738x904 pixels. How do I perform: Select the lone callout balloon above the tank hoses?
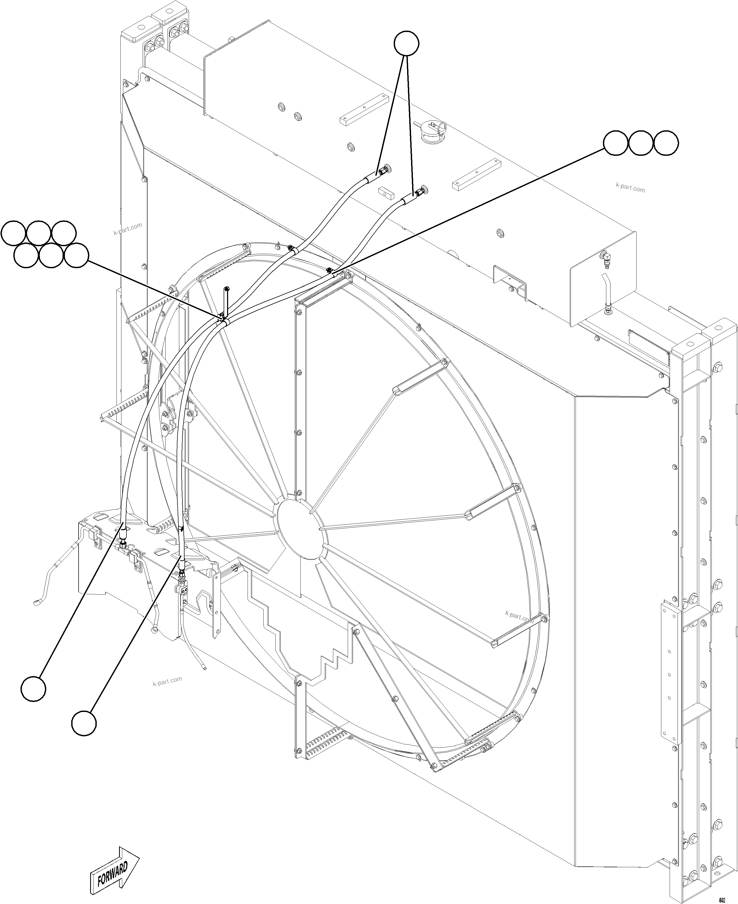coord(406,43)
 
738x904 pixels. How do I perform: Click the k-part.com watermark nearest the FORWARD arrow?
coord(167,681)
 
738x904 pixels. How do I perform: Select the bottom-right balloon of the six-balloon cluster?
coord(76,255)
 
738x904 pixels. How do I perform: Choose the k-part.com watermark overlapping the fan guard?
coord(519,617)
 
